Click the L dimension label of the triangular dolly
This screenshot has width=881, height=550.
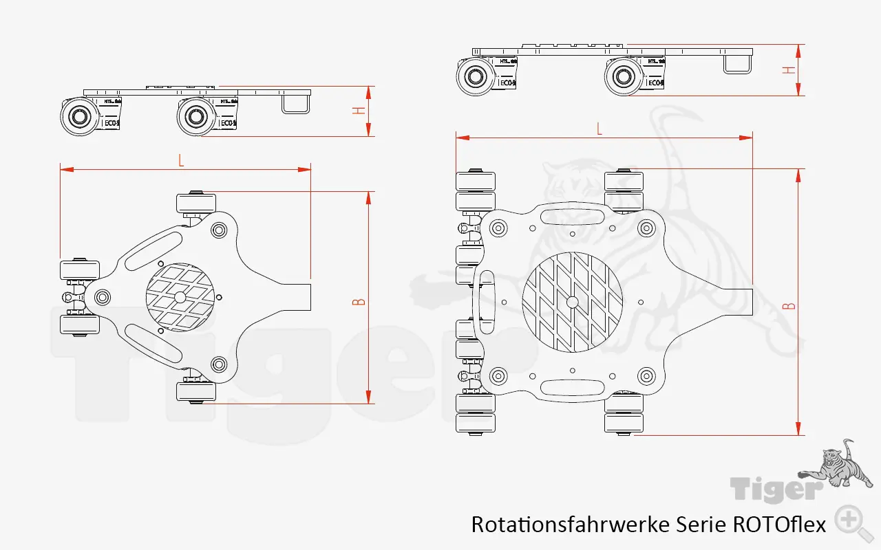181,160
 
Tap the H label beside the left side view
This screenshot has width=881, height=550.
358,111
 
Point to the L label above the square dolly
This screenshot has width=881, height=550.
599,129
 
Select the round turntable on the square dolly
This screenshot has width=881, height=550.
573,302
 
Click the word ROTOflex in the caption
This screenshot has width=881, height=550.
779,525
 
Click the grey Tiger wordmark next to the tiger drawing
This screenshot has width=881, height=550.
776,489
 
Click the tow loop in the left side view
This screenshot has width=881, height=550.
295,103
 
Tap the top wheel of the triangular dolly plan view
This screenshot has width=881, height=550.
196,204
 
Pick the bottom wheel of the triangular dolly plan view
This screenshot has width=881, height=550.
196,392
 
